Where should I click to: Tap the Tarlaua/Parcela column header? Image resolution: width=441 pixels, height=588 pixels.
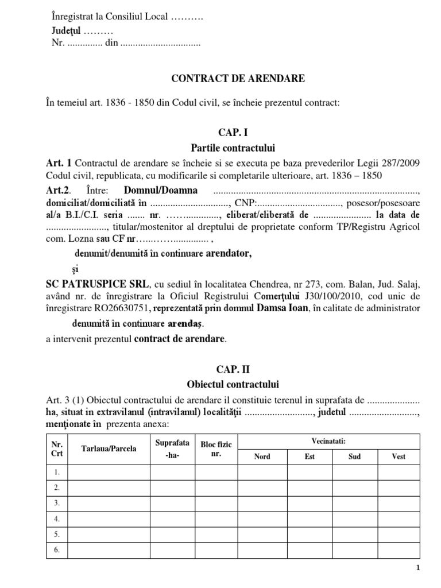109,448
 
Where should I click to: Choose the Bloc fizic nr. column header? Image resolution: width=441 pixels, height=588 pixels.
216,448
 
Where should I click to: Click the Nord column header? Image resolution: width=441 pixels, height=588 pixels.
262,457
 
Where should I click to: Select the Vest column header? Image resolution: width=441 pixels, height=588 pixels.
398,457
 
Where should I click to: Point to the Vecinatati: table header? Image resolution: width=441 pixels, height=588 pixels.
329,440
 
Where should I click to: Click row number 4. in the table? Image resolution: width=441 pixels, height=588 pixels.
57,519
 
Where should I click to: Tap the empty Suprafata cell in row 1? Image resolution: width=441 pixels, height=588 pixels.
173,472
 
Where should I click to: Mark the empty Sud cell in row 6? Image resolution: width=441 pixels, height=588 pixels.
355,550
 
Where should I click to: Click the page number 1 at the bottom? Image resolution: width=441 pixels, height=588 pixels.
418,568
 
